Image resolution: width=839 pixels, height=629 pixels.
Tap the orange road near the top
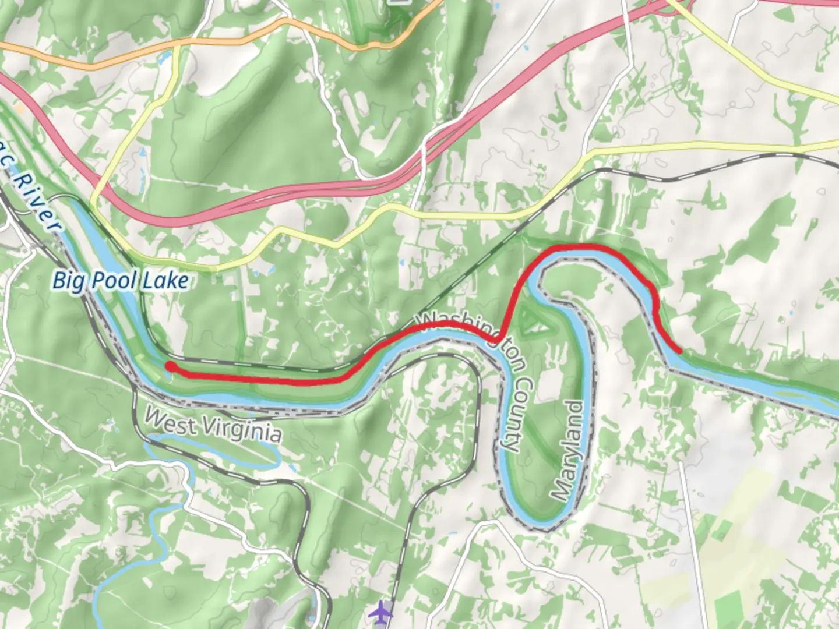(233, 41)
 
